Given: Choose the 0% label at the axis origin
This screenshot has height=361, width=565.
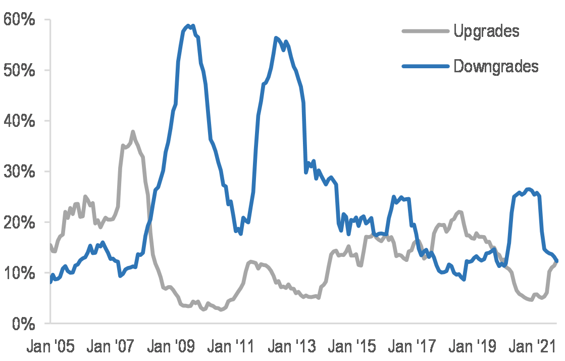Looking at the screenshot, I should pos(23,324).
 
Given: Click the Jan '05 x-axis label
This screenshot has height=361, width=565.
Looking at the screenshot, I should pos(51,348).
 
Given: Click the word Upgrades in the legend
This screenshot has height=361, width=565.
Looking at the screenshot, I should pos(486,31).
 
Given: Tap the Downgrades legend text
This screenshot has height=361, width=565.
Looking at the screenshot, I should pos(496,66).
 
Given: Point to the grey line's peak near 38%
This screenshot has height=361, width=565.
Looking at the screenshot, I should pos(133,132).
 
